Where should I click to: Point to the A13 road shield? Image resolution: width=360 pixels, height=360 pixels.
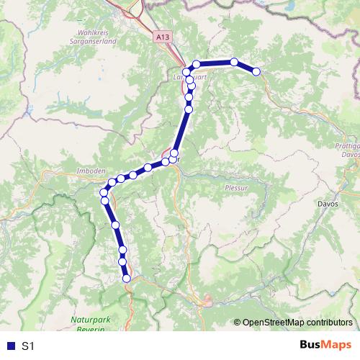pos(163,35)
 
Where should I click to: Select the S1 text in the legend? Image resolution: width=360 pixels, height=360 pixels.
pos(28,346)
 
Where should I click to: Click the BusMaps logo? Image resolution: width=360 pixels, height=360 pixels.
pos(325,345)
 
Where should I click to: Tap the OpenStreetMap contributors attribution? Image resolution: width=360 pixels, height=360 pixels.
pos(297,323)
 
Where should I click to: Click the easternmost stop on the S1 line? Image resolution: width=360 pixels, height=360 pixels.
pos(256,71)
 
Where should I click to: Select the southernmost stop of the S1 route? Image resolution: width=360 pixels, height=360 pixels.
pos(127,279)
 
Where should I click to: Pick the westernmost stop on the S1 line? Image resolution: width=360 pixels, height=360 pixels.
pos(104,193)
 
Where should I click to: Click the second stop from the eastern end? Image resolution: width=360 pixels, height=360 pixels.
pos(234,62)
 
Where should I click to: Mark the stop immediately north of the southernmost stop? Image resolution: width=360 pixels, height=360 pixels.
pos(123,270)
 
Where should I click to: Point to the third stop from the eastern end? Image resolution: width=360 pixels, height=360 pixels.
pos(196,64)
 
